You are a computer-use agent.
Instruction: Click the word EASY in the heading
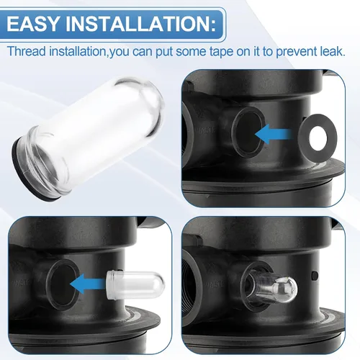pos(33,24)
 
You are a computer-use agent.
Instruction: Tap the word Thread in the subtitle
pos(27,51)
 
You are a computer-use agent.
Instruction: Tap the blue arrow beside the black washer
pos(274,135)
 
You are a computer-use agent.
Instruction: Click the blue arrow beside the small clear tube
pos(89,284)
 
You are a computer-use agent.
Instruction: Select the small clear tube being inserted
pos(135,284)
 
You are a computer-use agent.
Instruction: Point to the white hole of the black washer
pos(320,136)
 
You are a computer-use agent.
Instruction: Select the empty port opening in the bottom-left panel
pos(63,285)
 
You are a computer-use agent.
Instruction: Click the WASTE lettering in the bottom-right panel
pos(215,284)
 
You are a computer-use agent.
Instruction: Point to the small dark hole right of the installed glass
pos(315,276)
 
